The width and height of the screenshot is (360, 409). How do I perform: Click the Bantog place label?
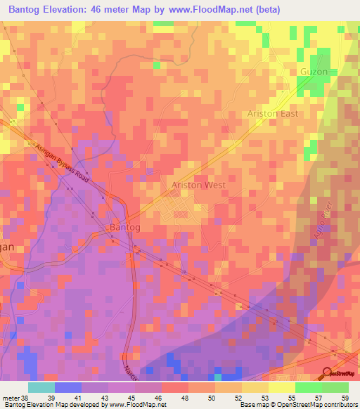coord(124,228)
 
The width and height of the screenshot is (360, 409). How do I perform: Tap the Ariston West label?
coord(198,186)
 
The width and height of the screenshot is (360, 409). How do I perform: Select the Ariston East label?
coord(273,113)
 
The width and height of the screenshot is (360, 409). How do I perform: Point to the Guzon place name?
coord(314,72)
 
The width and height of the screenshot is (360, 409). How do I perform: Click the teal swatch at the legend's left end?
coord(41,387)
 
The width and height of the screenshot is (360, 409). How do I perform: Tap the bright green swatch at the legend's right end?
coord(335,387)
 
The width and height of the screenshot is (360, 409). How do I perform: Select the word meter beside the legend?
coord(10,398)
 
